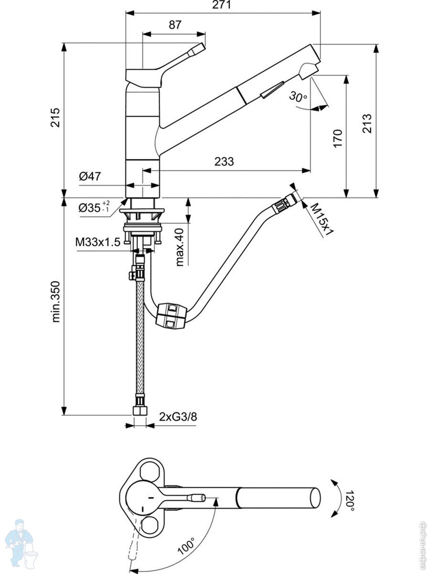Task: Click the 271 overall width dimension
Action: [223, 5]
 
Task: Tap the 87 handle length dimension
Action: [175, 25]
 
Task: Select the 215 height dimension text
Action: [55, 118]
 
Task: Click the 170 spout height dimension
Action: [337, 139]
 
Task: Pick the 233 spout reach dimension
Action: [224, 162]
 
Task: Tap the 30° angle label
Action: [298, 97]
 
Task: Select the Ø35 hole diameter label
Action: [94, 208]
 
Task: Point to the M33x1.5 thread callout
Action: [97, 242]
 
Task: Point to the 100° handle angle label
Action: [186, 546]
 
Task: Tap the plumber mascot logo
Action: [21, 543]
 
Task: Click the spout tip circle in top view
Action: [315, 498]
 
